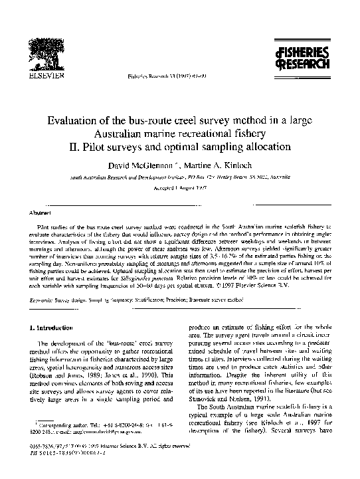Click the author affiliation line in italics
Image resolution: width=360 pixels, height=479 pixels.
[179, 178]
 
